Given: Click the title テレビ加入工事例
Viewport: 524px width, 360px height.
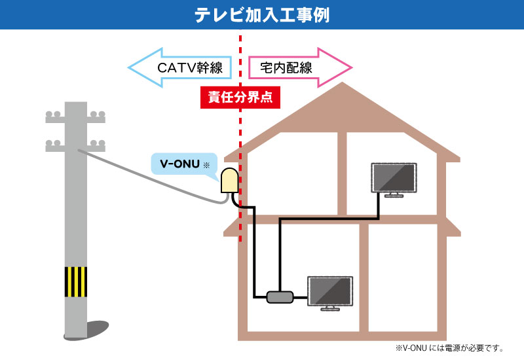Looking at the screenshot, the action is point(262,15).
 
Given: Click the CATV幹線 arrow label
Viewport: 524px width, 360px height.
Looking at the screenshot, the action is point(190,68).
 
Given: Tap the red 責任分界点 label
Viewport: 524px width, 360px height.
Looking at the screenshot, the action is point(240,98).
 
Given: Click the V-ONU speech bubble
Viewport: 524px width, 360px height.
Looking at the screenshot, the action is point(184,164).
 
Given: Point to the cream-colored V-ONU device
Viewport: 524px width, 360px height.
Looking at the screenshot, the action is point(230,181).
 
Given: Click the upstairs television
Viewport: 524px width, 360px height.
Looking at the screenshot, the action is point(394,179).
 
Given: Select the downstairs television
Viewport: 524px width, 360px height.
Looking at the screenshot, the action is point(330,293).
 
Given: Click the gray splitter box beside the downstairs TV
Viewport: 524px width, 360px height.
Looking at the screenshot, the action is point(280,297).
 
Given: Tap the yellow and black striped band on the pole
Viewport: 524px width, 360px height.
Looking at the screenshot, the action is point(76,282).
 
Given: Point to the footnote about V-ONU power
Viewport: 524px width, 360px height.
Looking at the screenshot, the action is point(449,348).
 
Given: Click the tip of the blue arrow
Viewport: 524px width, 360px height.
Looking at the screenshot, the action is point(128,68).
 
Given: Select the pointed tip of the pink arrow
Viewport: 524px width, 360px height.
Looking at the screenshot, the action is point(352,67).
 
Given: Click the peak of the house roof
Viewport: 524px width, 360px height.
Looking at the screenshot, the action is point(342,83).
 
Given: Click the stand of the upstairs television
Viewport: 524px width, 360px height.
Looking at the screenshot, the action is point(394,195).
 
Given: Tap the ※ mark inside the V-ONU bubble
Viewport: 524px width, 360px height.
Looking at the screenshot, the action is point(206,165).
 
